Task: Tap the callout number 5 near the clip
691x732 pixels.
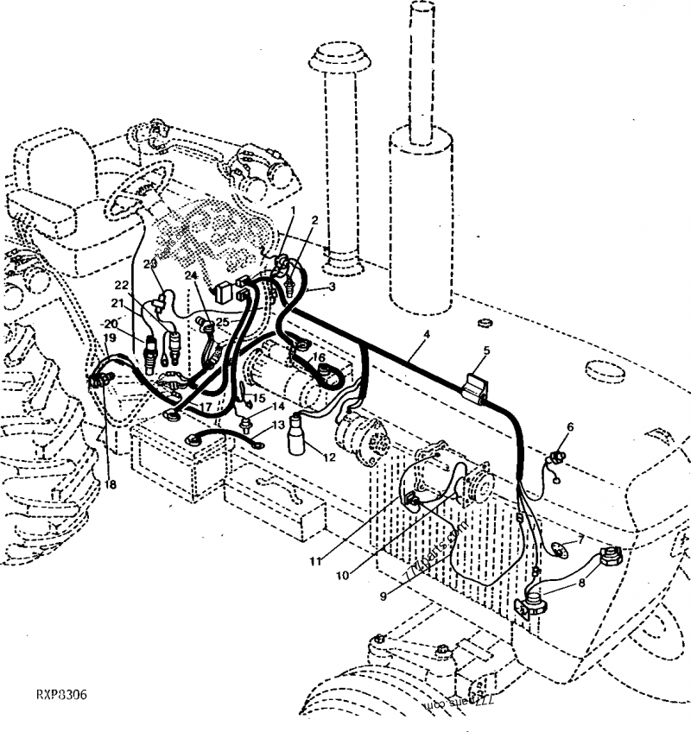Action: point(486,350)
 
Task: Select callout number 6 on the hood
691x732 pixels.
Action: point(570,426)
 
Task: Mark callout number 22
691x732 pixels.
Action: point(121,286)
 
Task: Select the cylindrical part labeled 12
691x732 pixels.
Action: point(298,433)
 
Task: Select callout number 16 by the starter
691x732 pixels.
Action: point(319,357)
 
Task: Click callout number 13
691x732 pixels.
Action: point(277,426)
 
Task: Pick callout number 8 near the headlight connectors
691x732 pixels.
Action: point(581,583)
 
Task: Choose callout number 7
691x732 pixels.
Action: point(581,540)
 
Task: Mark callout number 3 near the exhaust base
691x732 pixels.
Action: point(331,286)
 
